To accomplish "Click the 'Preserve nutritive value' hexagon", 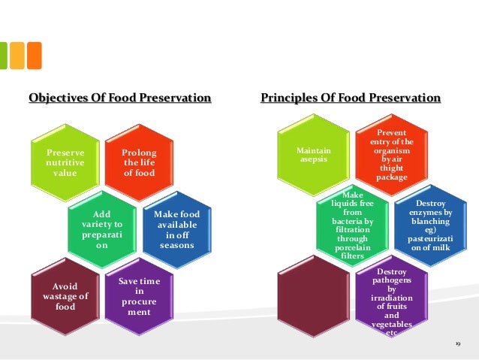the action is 65,162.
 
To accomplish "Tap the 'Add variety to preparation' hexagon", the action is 102,228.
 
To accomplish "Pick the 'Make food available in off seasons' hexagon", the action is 176,229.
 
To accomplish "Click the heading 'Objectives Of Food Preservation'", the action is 119,98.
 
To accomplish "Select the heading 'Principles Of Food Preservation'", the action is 351,98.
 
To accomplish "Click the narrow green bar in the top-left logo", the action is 3,56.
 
